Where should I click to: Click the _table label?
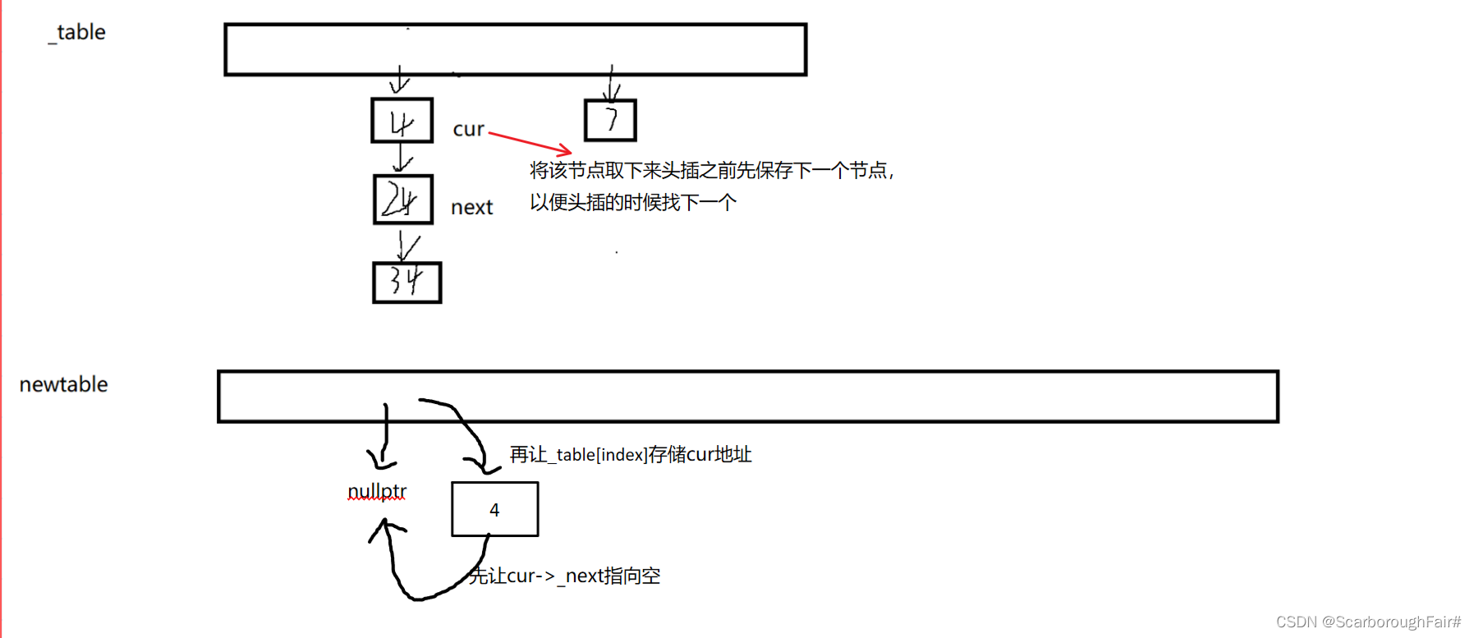click(x=78, y=33)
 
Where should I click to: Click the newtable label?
click(x=63, y=384)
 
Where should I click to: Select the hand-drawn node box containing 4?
click(x=402, y=121)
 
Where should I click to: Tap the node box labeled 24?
click(x=402, y=199)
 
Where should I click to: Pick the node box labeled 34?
click(x=406, y=282)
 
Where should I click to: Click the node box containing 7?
click(x=610, y=120)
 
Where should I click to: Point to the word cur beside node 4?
click(x=468, y=130)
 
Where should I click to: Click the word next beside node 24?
click(x=471, y=208)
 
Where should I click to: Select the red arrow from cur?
click(x=530, y=141)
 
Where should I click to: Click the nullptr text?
click(x=377, y=491)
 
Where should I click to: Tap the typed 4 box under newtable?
click(x=494, y=510)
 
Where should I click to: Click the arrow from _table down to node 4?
click(x=399, y=80)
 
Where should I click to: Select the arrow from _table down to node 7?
click(x=612, y=83)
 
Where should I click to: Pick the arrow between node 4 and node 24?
click(x=402, y=158)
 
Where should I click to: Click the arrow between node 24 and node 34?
click(x=406, y=245)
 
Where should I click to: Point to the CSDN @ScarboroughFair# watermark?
click(x=1368, y=622)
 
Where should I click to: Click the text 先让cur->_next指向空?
click(x=565, y=576)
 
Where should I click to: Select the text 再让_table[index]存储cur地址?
click(x=630, y=455)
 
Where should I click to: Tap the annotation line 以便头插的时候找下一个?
click(x=632, y=202)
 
